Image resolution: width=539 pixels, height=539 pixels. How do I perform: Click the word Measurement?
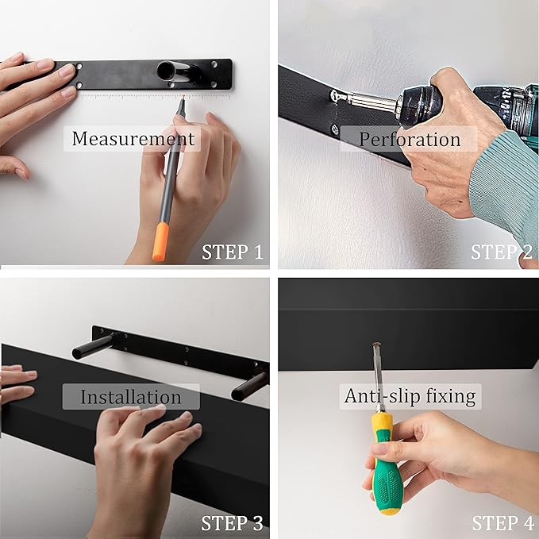click(x=133, y=139)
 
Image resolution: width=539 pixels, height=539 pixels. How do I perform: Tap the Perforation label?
click(x=409, y=140)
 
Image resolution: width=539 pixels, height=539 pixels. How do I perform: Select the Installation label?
click(x=131, y=396)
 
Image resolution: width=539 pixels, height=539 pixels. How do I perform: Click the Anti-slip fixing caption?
click(x=410, y=395)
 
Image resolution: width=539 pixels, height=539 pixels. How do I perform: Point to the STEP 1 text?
click(x=232, y=252)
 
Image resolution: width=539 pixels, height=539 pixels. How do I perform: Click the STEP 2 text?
click(x=502, y=252)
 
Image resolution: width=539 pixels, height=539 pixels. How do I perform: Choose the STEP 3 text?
click(x=232, y=523)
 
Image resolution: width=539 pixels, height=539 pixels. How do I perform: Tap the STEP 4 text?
click(x=502, y=523)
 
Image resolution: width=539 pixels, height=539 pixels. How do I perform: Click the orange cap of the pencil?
click(x=161, y=241)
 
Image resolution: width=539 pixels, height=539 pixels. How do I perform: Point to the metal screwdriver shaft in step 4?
click(x=375, y=373)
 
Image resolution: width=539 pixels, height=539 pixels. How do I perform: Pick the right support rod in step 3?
click(x=249, y=385)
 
